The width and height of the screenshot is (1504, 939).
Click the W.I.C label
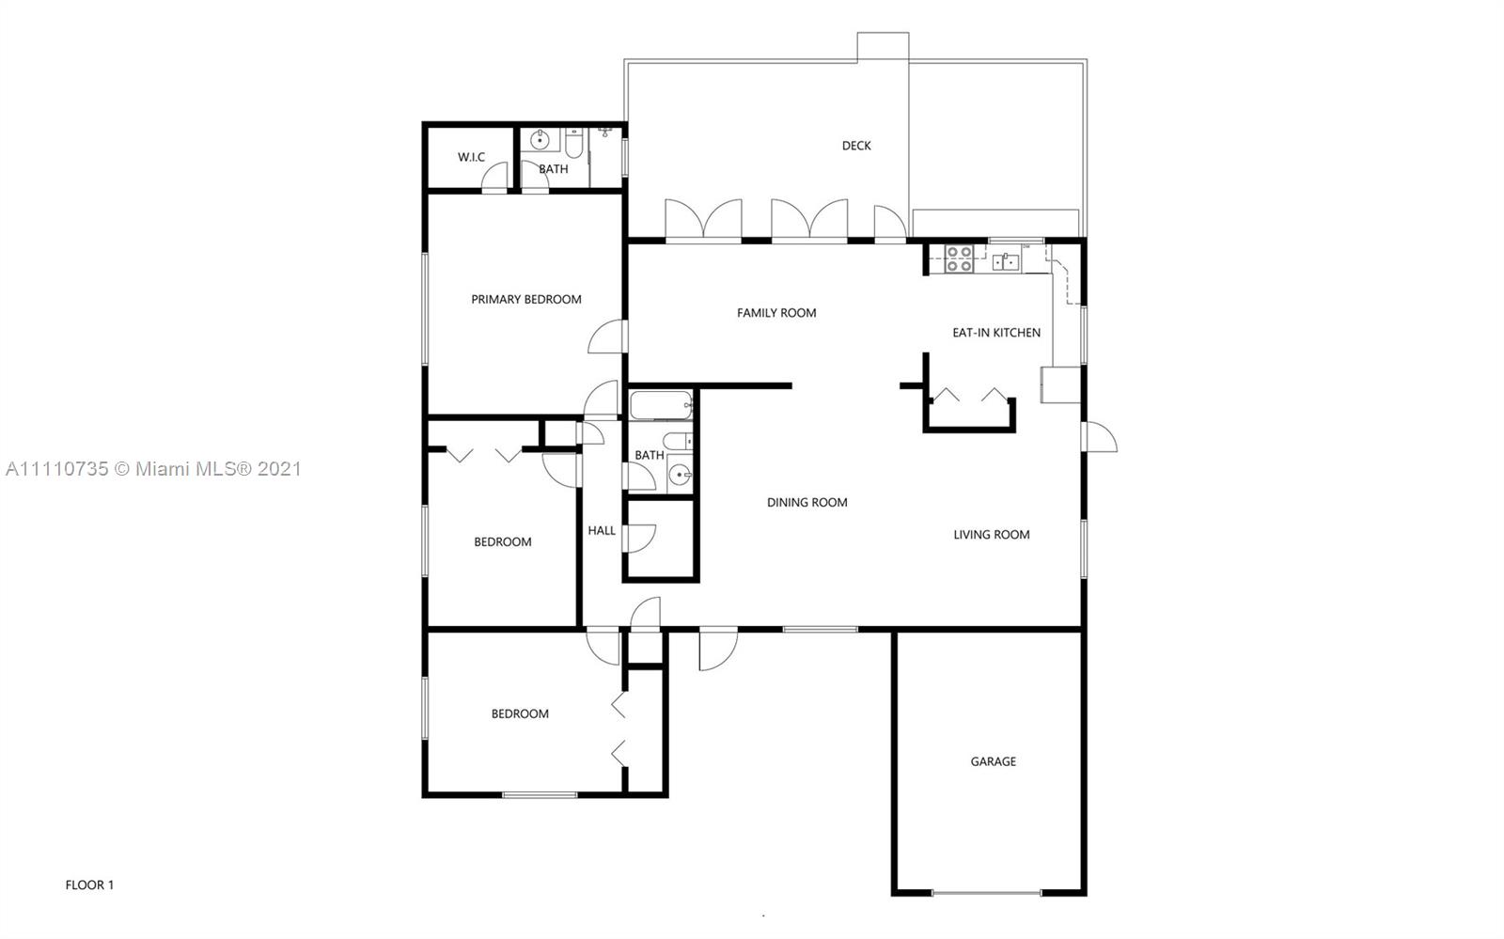click(x=471, y=157)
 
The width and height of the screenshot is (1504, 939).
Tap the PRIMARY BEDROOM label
click(x=526, y=299)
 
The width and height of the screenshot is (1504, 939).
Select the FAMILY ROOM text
click(x=776, y=313)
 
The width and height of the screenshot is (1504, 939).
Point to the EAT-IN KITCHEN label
click(x=996, y=332)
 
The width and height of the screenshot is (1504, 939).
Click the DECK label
click(x=856, y=146)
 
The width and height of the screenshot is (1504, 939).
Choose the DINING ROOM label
click(x=807, y=502)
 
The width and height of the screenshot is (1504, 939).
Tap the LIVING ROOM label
click(x=992, y=534)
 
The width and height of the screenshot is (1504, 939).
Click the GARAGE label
click(x=993, y=761)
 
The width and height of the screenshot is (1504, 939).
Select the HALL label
click(x=602, y=530)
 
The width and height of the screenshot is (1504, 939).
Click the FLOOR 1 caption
click(x=89, y=884)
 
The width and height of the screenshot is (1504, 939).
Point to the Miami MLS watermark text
click(x=154, y=468)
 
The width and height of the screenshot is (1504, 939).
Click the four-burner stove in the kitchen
click(x=959, y=259)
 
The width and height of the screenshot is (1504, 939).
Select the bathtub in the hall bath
click(x=662, y=405)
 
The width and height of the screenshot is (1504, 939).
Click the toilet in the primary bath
click(x=574, y=142)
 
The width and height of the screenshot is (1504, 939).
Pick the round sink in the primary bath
click(x=540, y=140)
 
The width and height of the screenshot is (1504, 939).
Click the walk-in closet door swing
click(x=494, y=178)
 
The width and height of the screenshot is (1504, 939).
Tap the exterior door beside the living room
click(x=1099, y=436)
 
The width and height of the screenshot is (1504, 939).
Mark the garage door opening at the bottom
click(x=986, y=893)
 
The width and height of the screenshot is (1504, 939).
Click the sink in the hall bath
click(x=681, y=475)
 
